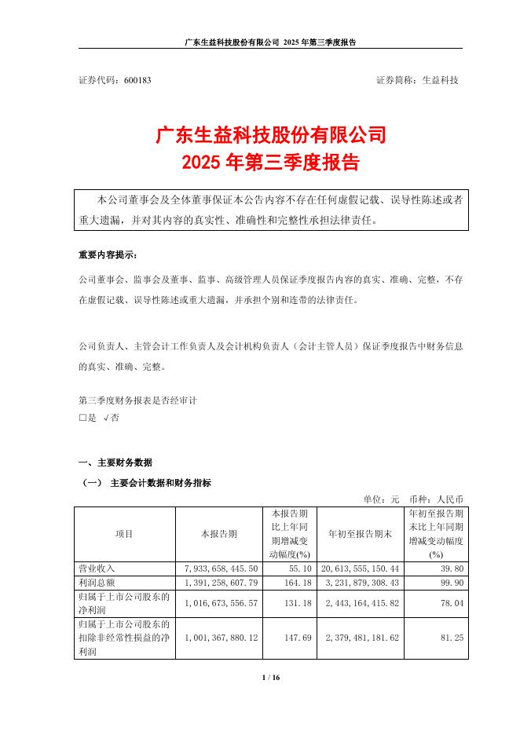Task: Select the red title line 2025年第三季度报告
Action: (259, 163)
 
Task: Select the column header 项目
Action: (124, 533)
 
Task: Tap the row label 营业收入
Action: (97, 567)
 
